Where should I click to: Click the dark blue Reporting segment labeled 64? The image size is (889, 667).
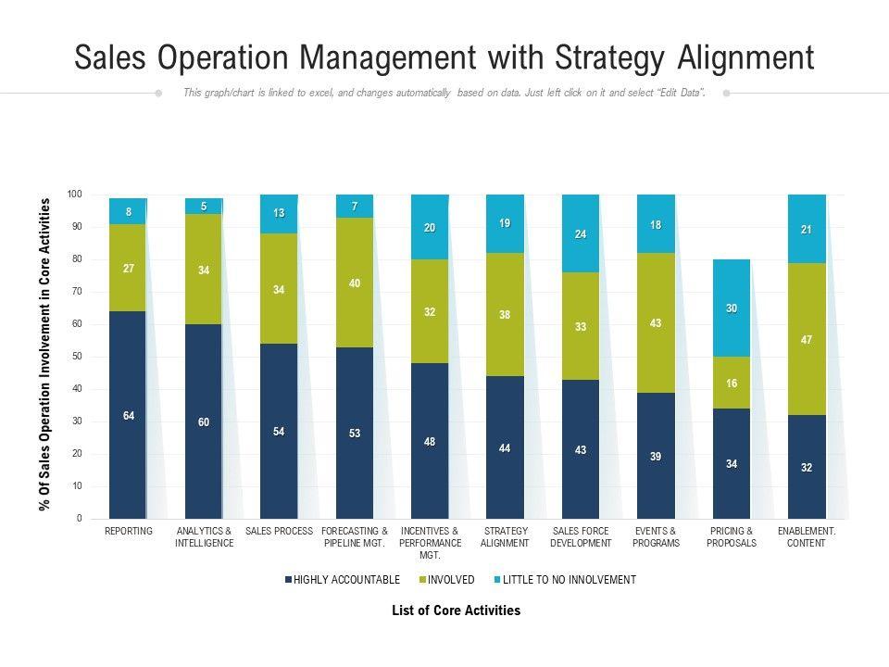point(128,415)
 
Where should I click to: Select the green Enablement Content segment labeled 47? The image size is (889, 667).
point(807,339)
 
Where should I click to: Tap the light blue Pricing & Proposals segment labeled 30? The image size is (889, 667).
point(732,308)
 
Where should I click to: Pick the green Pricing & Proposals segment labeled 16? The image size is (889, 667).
point(732,383)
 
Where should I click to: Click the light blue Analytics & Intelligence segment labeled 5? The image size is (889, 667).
point(204,207)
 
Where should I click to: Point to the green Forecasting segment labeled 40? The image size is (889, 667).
point(355,283)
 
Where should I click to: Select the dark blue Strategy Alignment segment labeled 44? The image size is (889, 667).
point(505,447)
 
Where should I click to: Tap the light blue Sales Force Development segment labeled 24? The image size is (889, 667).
point(581,234)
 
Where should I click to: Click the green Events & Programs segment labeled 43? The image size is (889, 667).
point(656,322)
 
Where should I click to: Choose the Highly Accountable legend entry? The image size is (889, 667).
point(343,580)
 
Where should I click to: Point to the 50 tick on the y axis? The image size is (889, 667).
point(77,357)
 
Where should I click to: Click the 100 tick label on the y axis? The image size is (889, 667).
point(75,195)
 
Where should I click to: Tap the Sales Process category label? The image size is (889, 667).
point(279,532)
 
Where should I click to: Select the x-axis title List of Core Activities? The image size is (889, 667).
point(456,610)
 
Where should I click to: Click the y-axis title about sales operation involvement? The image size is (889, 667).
point(44,355)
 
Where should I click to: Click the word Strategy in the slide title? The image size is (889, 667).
point(608,58)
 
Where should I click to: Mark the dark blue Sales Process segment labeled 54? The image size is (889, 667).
point(279,432)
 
